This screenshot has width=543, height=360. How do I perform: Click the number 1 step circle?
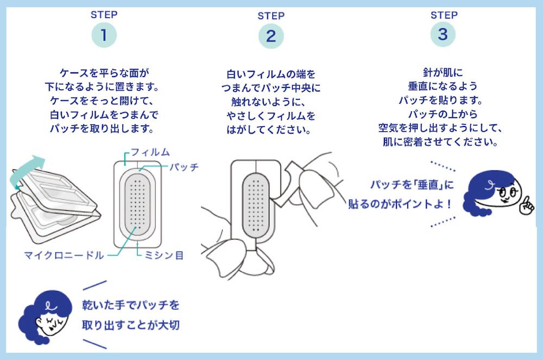click(104, 35)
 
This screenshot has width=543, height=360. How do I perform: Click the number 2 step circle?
click(271, 36)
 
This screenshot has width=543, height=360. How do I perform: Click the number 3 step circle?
click(443, 34)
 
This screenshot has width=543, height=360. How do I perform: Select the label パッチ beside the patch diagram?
click(183, 167)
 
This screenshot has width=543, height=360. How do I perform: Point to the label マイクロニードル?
click(64, 255)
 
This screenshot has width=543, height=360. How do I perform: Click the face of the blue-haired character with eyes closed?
click(49, 323)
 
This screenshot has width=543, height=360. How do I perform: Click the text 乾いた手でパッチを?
click(130, 305)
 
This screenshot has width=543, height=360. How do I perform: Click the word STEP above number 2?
click(271, 16)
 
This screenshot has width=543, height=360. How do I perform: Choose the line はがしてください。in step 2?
click(271, 130)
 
